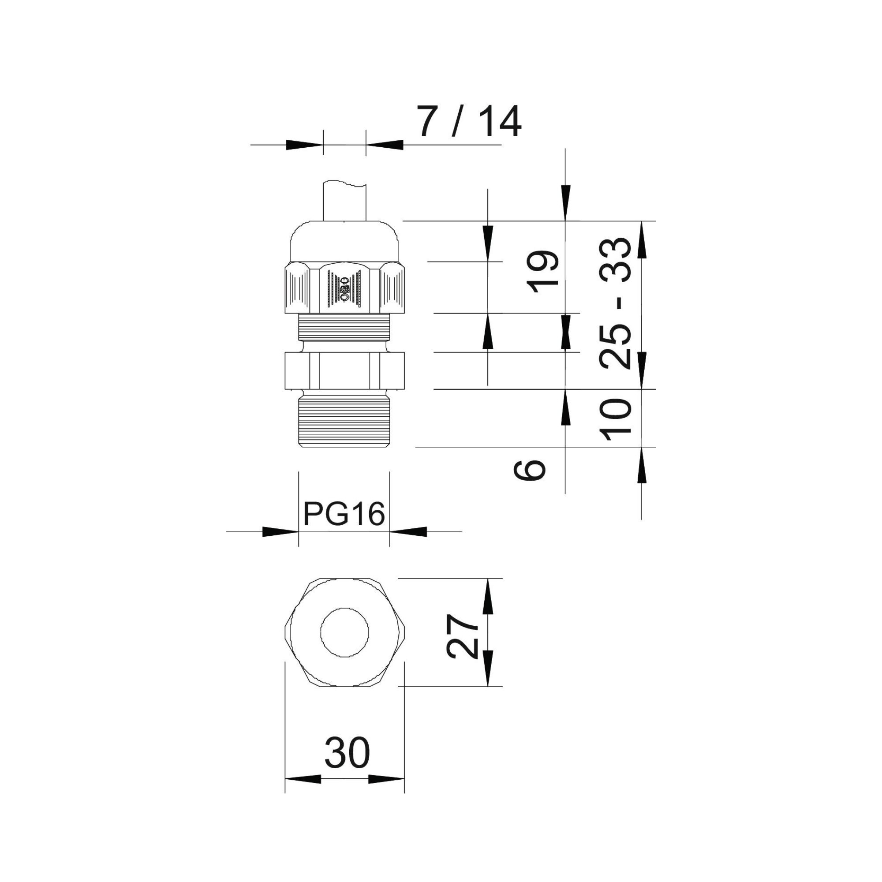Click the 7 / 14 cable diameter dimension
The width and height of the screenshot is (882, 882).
470,122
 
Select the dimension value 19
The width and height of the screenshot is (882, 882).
543,268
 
